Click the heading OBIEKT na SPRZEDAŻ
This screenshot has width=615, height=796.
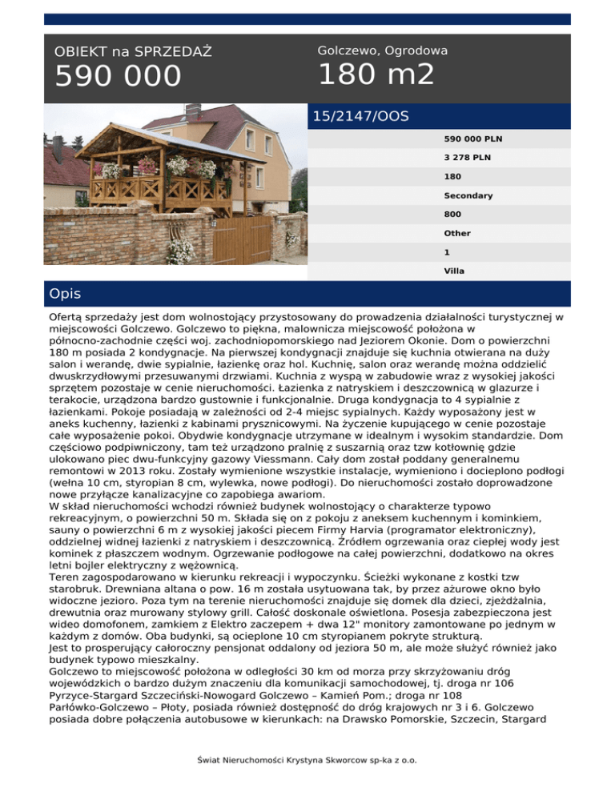tap(133, 52)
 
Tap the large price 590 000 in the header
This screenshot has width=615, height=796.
tap(118, 78)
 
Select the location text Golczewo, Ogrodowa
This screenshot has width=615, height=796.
tap(383, 50)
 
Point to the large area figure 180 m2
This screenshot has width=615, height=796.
tap(376, 75)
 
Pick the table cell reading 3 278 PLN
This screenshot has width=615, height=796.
tap(468, 158)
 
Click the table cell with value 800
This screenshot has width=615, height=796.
tap(452, 215)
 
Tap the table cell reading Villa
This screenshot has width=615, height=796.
tap(454, 271)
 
